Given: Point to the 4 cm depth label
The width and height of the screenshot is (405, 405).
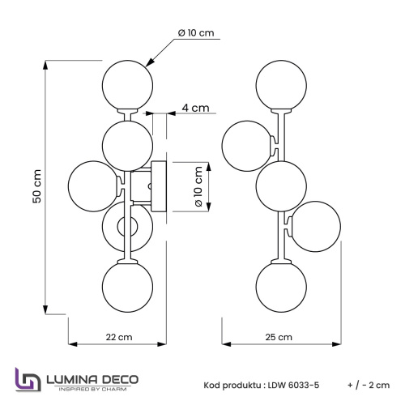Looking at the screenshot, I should pyautogui.click(x=195, y=108).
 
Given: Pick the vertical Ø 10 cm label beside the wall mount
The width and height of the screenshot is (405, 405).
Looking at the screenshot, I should pyautogui.click(x=198, y=186).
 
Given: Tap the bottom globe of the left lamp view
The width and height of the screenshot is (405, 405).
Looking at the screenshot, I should pyautogui.click(x=127, y=287).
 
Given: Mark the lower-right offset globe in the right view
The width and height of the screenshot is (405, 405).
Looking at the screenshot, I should pyautogui.click(x=313, y=227).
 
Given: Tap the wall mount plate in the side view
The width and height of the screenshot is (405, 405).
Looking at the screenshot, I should pyautogui.click(x=160, y=185).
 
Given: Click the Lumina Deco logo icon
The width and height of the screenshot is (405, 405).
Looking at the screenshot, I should pyautogui.click(x=27, y=380).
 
